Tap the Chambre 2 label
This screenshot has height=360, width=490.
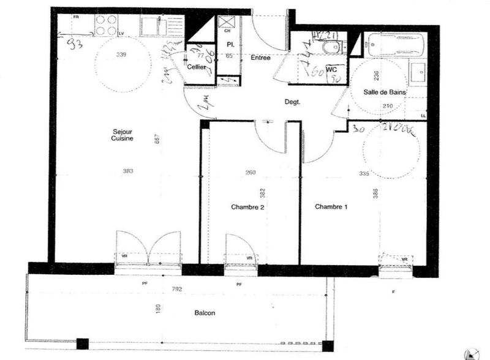click(x=247, y=207)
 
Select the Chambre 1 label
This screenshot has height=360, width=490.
click(x=331, y=207)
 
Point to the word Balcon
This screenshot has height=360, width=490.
click(x=205, y=313)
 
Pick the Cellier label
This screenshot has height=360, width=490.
click(x=196, y=67)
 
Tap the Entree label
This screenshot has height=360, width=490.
click(x=260, y=58)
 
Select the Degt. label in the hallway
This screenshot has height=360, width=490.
click(x=292, y=102)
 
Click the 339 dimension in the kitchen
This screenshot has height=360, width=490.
click(x=121, y=56)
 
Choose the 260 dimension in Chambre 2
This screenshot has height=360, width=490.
click(x=251, y=173)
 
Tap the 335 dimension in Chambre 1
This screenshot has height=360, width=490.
click(x=364, y=174)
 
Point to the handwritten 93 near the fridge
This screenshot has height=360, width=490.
click(x=76, y=43)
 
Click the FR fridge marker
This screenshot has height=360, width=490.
click(x=77, y=17)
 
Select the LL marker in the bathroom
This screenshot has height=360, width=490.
click(x=423, y=114)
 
